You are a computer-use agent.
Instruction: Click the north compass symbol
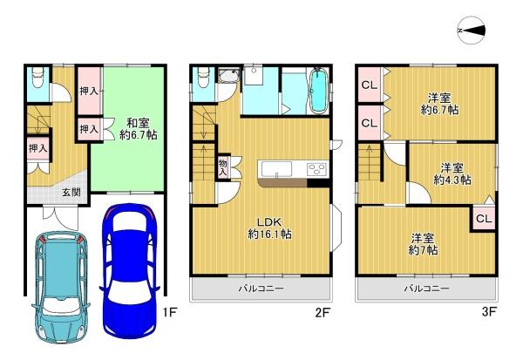pyautogui.click(x=471, y=31)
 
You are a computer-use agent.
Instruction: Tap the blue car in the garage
pyautogui.click(x=129, y=270)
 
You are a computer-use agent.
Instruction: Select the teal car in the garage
pyautogui.click(x=61, y=288)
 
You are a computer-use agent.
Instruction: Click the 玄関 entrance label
pyautogui.click(x=71, y=192)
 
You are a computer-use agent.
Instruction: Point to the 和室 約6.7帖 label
pyautogui.click(x=139, y=129)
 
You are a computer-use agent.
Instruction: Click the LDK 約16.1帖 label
pyautogui.click(x=269, y=228)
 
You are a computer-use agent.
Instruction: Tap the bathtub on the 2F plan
pyautogui.click(x=318, y=91)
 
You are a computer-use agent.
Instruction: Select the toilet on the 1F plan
pyautogui.click(x=37, y=78)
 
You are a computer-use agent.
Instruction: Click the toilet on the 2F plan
pyautogui.click(x=203, y=78)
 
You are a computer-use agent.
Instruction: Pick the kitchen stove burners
pyautogui.click(x=317, y=168)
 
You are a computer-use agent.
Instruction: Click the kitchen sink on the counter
pyautogui.click(x=276, y=168)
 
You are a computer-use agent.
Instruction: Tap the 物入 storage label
pyautogui.click(x=223, y=167)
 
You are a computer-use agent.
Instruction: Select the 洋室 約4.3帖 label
pyautogui.click(x=452, y=173)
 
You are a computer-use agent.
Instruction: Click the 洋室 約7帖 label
pyautogui.click(x=423, y=244)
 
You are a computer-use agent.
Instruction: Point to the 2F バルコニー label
pyautogui.click(x=261, y=289)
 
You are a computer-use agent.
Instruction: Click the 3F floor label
pyautogui.click(x=489, y=312)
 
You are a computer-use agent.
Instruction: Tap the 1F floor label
pyautogui.click(x=169, y=312)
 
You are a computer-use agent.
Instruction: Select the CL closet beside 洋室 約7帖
pyautogui.click(x=484, y=219)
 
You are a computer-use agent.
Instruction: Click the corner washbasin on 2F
pyautogui.click(x=228, y=77)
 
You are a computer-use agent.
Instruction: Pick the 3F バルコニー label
pyautogui.click(x=426, y=289)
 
